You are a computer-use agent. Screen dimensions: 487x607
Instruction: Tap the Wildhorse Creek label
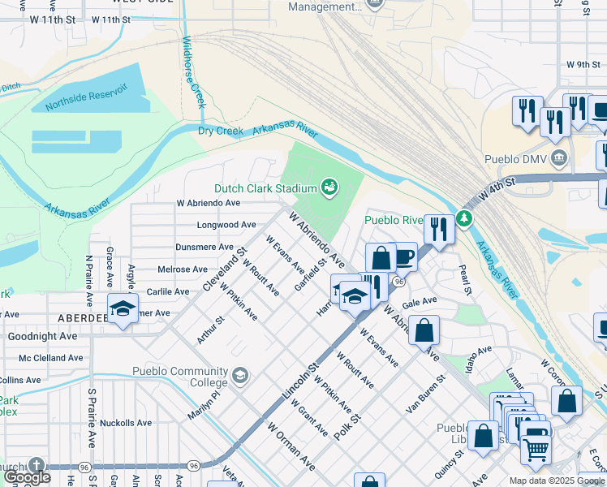coord(193,72)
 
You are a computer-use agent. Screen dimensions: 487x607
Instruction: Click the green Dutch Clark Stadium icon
coord(329,187)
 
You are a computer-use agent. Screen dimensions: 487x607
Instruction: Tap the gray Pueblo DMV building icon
coord(558,157)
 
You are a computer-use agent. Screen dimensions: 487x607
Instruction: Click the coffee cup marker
coord(404,256)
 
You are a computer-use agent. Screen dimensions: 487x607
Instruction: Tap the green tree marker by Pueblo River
coord(463,218)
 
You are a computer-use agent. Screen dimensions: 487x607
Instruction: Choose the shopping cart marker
coord(535,447)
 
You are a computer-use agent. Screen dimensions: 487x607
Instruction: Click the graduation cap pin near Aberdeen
coord(123,308)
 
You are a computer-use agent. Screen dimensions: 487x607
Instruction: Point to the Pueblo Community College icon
coord(239,374)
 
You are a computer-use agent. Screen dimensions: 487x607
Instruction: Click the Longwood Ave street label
coord(226,225)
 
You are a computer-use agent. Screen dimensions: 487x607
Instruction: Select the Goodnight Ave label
coord(43,335)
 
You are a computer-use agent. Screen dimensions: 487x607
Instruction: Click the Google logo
coord(27,477)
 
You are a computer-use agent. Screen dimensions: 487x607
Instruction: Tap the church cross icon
coord(35,465)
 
